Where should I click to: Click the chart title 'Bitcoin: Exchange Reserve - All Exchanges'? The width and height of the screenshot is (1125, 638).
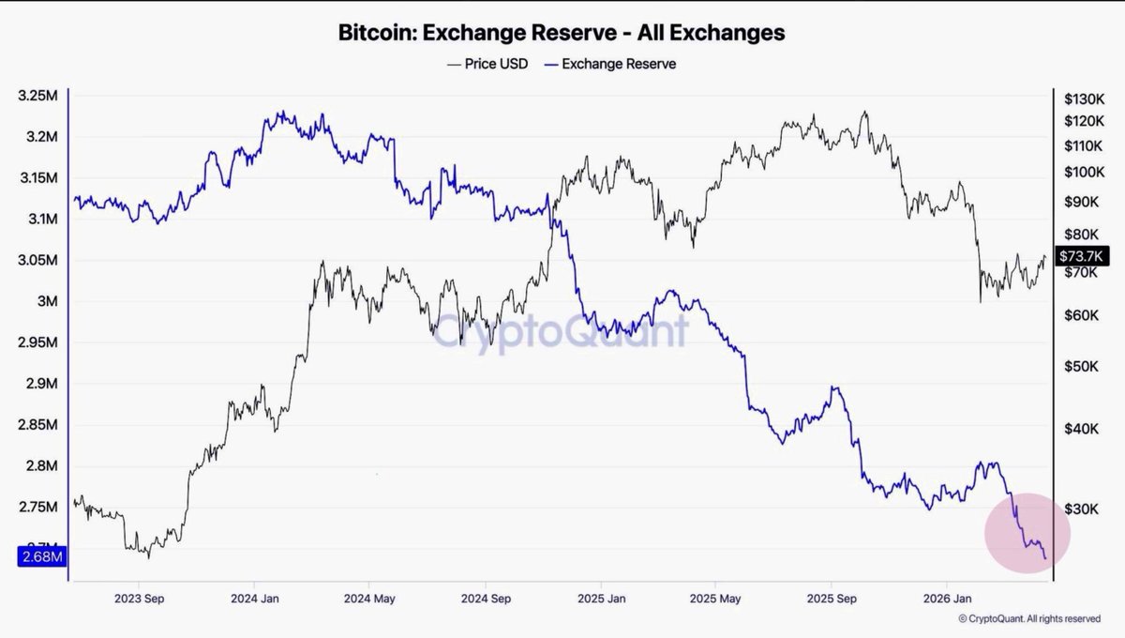tap(562, 33)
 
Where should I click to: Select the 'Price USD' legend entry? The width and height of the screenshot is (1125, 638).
tap(487, 65)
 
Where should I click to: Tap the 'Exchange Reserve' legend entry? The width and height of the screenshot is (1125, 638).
tap(610, 65)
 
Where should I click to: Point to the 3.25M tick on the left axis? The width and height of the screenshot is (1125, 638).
tap(37, 96)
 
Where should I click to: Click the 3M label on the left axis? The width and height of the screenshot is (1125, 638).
tap(47, 301)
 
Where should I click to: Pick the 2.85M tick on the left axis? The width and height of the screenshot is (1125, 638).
tap(37, 425)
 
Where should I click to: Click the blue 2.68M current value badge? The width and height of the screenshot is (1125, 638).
tap(42, 556)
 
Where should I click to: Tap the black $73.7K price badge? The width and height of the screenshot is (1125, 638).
tap(1082, 256)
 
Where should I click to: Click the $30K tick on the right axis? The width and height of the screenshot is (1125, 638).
tap(1081, 509)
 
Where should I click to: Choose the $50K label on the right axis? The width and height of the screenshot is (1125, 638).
tap(1081, 366)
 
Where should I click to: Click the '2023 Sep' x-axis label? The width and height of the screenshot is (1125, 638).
tap(139, 599)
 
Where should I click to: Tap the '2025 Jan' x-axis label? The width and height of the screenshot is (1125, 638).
tap(601, 599)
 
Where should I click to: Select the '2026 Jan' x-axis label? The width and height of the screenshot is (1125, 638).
tap(947, 599)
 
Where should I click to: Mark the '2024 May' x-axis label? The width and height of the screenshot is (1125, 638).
tap(369, 599)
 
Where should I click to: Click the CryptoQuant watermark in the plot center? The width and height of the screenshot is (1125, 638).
tap(560, 331)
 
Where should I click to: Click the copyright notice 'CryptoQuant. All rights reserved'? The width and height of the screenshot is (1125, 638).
tap(1029, 618)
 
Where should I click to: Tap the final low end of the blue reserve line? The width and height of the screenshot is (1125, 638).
tap(1045, 558)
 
